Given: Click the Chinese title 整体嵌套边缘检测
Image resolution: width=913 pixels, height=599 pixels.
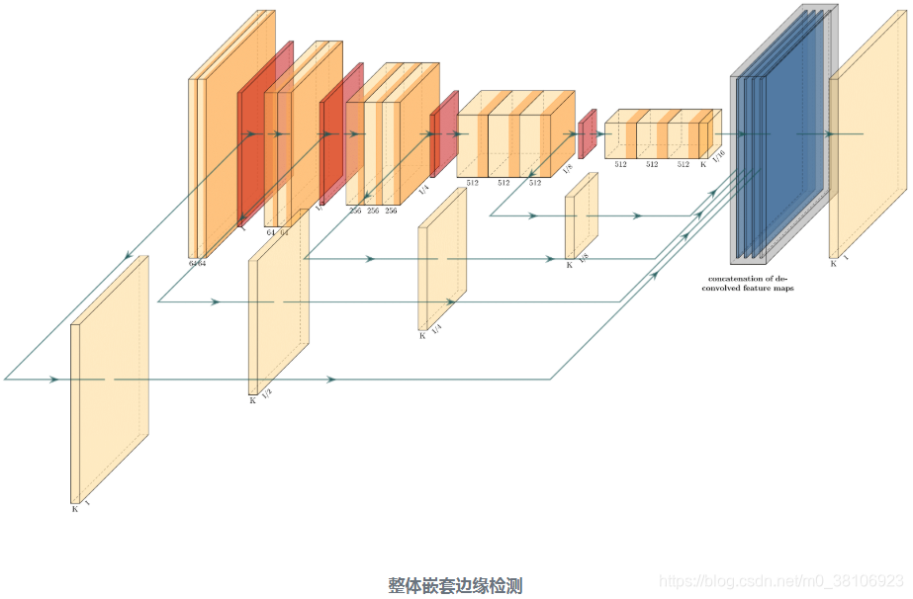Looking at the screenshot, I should [455, 585].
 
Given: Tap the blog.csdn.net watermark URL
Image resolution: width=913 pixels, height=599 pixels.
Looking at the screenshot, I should [781, 580].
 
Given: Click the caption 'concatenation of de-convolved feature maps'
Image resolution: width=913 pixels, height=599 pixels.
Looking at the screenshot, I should [751, 283].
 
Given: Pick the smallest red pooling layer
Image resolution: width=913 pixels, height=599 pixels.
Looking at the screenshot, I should [587, 133].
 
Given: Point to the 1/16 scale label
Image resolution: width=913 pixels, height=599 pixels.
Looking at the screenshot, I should [718, 154].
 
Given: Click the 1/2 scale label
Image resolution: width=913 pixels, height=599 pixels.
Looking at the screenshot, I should [266, 393].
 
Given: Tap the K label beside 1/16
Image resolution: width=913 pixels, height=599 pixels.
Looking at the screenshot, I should [703, 164].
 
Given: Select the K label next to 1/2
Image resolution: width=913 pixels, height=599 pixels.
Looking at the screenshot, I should [252, 400].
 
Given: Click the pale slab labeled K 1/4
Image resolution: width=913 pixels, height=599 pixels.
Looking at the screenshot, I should [442, 259].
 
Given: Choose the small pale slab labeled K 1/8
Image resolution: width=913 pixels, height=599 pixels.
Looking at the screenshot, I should [582, 215].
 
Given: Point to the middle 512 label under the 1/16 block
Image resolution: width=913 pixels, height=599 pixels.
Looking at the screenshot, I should [652, 164].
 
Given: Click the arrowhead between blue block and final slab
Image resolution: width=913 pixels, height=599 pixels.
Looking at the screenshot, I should [829, 133].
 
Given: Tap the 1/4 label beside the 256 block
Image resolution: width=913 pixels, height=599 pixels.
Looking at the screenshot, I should [423, 188].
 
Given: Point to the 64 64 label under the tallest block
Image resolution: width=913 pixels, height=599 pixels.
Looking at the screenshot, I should [198, 263].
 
